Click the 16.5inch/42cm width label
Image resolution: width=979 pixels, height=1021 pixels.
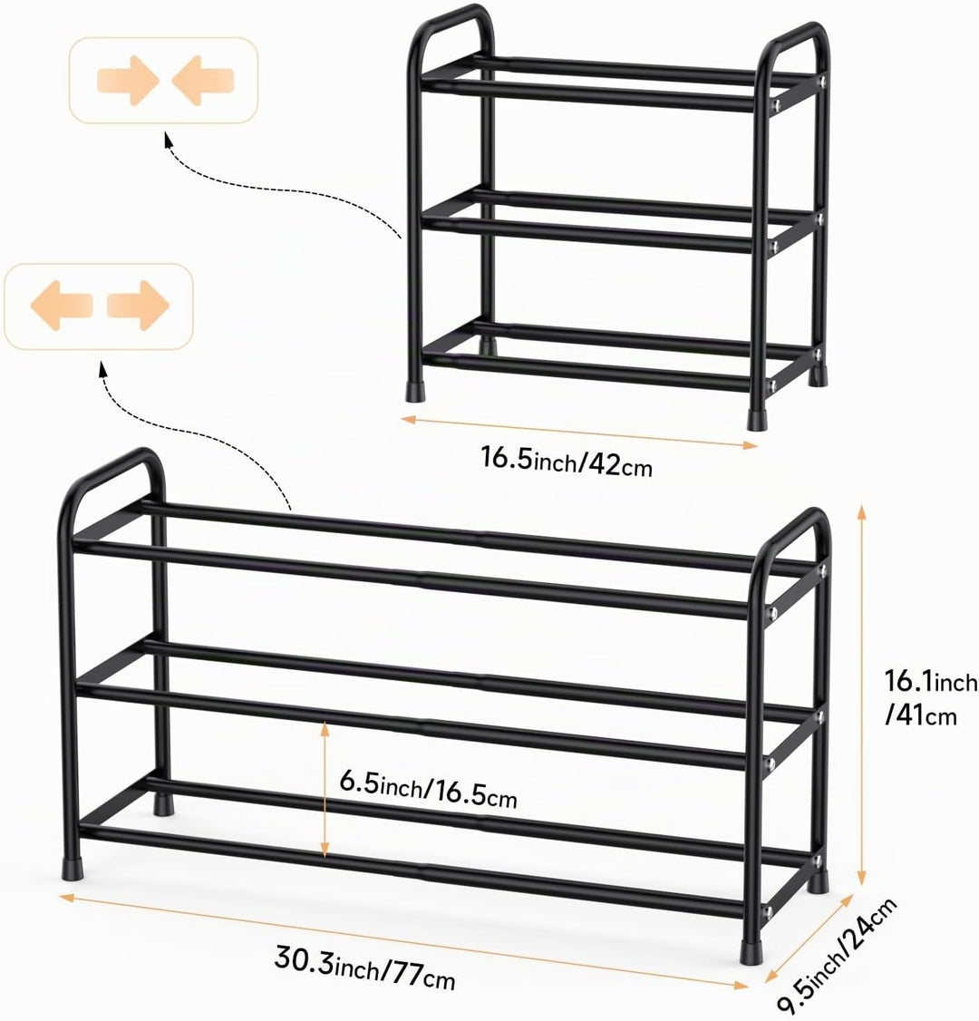[567, 461]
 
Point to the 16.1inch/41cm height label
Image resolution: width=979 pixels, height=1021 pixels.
[930, 698]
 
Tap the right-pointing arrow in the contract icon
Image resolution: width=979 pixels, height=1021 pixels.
[128, 81]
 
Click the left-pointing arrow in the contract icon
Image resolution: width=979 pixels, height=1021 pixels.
[202, 81]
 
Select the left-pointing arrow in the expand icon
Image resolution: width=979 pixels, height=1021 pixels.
[62, 306]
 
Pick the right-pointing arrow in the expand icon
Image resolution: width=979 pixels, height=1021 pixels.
[138, 306]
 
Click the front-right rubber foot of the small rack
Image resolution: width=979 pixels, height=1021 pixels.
[757, 419]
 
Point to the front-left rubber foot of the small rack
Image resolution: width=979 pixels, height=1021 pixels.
[414, 389]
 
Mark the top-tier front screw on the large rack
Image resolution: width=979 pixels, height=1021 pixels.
[772, 613]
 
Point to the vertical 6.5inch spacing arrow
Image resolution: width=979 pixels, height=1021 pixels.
[325, 789]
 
